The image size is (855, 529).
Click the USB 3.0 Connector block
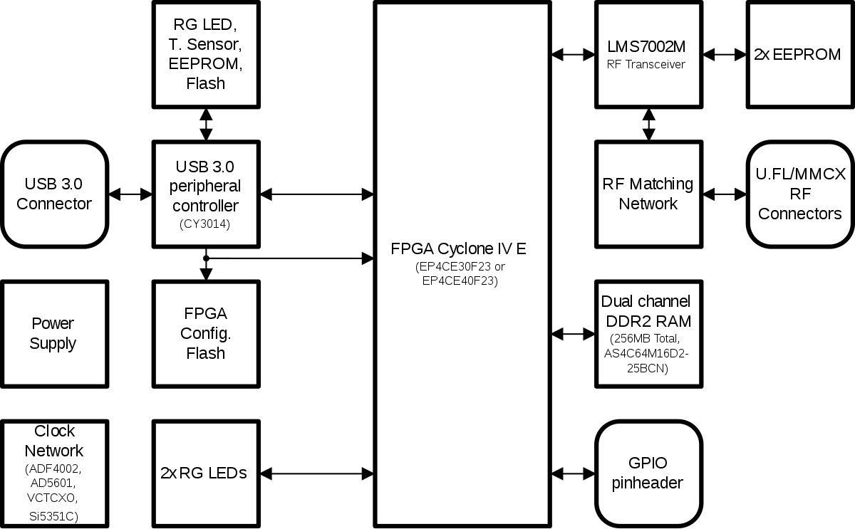click(x=54, y=194)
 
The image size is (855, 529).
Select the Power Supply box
click(x=53, y=333)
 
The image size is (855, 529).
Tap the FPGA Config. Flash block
click(x=205, y=333)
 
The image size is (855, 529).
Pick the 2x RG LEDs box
click(x=204, y=473)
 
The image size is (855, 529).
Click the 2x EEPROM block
click(x=797, y=54)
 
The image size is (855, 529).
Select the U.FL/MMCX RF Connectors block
click(x=799, y=194)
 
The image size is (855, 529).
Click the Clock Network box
click(x=54, y=473)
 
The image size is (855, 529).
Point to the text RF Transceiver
click(x=647, y=65)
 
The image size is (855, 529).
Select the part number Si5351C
click(x=54, y=515)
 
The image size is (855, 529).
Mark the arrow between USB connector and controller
click(x=130, y=194)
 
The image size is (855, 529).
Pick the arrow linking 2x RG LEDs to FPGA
click(x=316, y=473)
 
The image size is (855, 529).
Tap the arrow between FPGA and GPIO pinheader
click(x=574, y=473)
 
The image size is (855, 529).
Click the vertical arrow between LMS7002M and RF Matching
click(x=648, y=124)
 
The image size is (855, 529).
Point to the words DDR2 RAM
click(x=647, y=320)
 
